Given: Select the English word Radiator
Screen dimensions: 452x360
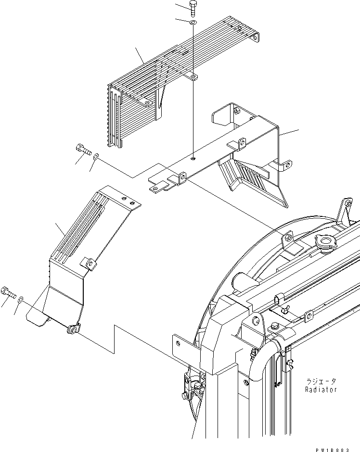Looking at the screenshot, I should tap(321, 389).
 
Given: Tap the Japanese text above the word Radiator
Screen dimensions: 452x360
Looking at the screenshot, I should tap(321, 381).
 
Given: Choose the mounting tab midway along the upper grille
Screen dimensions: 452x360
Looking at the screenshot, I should tap(193, 76).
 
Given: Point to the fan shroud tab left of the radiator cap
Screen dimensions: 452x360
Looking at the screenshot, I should tap(287, 237).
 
